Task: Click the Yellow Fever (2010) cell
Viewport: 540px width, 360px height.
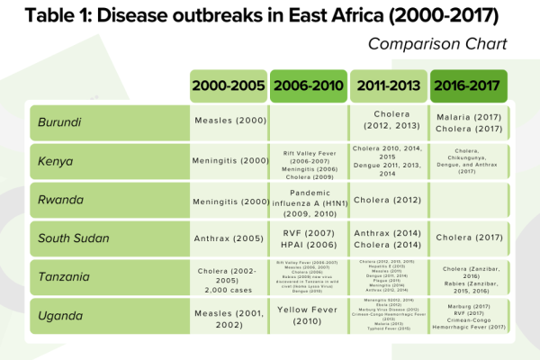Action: tap(308, 315)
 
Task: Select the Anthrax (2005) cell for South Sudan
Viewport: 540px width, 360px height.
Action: tap(229, 238)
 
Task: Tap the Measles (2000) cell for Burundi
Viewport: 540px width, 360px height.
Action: tap(229, 121)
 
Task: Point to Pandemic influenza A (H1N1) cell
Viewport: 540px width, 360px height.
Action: tap(308, 200)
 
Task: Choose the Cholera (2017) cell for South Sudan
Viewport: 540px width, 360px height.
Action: tap(468, 238)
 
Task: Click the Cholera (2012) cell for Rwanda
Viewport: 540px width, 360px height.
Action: tap(388, 200)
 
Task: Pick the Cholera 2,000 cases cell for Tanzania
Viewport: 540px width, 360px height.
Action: tap(229, 276)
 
